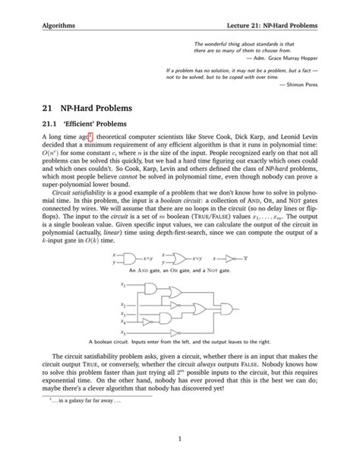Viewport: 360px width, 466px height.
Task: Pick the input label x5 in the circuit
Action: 122,332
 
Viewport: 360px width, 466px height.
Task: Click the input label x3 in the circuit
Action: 122,313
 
